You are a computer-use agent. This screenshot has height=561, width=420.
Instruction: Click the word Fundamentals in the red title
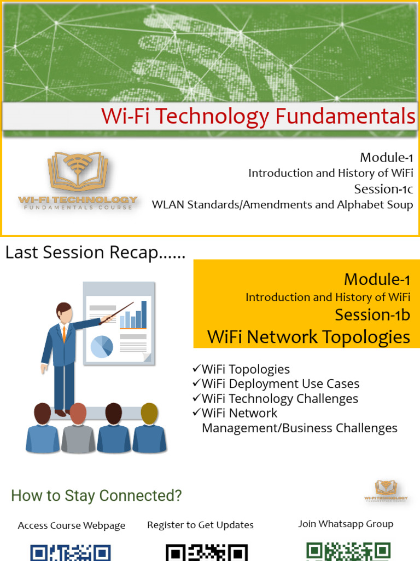point(346,116)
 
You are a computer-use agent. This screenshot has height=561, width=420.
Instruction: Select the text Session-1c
point(383,189)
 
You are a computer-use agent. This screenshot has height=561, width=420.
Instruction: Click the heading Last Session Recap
point(95,253)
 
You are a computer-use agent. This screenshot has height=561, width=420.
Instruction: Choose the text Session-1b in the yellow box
point(372,315)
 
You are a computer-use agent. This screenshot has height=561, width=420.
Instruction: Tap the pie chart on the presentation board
point(102,347)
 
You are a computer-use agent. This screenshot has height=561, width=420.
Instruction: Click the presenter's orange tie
point(65,334)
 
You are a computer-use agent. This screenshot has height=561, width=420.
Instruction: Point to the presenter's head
point(64,312)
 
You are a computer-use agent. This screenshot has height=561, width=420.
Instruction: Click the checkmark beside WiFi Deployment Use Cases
point(196,382)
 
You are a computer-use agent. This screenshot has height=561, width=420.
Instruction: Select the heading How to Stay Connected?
point(96,496)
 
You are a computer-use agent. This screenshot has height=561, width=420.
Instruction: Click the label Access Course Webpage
point(72,525)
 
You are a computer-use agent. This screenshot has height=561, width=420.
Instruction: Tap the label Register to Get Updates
point(200,525)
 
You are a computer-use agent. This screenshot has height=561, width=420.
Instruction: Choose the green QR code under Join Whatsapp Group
point(348,552)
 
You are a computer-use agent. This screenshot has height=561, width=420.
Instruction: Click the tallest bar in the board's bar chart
point(144,314)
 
